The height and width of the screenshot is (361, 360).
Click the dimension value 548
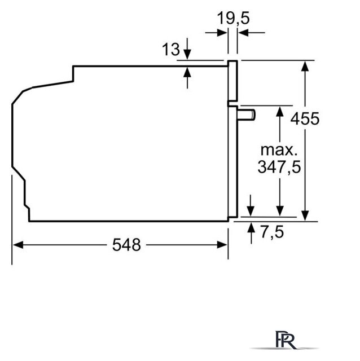[126, 245]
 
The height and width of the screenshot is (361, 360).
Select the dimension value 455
[305, 119]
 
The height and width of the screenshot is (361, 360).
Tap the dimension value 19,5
[233, 18]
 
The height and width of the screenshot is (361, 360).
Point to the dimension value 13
[171, 49]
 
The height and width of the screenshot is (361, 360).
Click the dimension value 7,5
[272, 232]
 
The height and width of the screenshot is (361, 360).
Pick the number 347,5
[279, 167]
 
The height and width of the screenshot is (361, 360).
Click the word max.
[279, 150]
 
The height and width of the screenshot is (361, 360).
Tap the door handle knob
[246, 115]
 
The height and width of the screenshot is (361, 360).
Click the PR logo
[286, 340]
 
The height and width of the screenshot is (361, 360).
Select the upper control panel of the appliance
[232, 81]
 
